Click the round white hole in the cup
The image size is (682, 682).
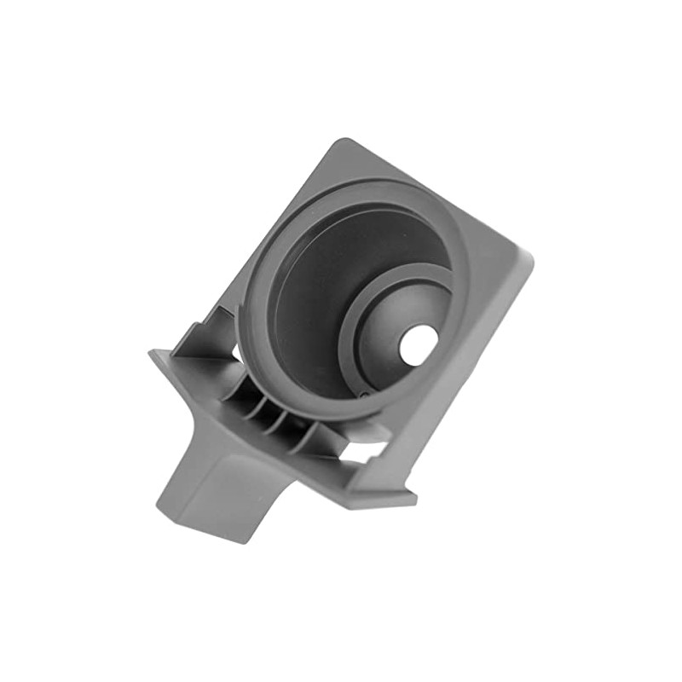pos(419,344)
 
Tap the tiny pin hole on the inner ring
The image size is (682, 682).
pos(364,395)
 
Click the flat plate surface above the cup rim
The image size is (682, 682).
pos(358,166)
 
